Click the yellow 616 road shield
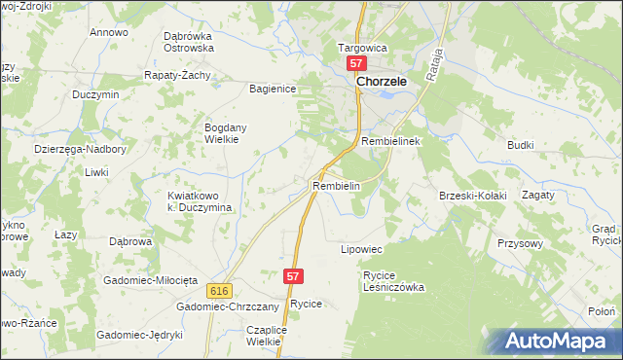pos(218,291)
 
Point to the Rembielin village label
pos(337,185)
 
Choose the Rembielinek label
pos(389,141)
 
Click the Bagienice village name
pos(273,89)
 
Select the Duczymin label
pos(95,94)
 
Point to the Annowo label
pos(109,32)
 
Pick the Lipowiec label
pos(360,250)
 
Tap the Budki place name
pos(520,144)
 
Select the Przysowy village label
pos(518,243)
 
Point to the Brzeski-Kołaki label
pos(473,196)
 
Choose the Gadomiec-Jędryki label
pos(139,335)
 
